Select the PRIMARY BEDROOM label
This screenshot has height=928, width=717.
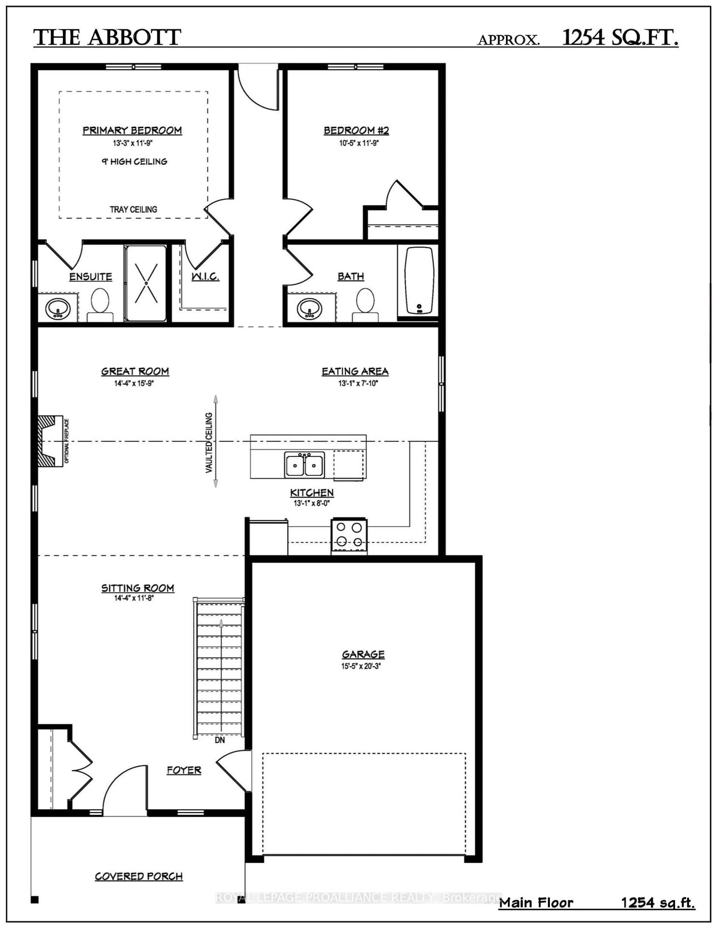point(132,130)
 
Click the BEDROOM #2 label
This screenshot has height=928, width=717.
point(356,130)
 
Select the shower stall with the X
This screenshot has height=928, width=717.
point(146,283)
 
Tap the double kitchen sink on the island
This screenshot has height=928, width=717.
point(304,464)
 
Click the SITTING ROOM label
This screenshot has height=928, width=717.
point(138,588)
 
